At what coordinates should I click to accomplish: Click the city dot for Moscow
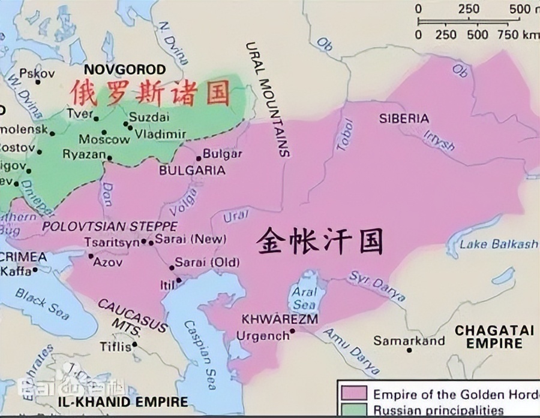click(104, 132)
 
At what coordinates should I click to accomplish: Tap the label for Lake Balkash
click(499, 244)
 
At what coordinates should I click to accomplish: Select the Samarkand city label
click(409, 341)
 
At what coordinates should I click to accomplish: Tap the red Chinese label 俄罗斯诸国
click(150, 93)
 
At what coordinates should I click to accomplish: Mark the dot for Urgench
click(292, 331)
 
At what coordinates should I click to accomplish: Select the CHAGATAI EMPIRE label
click(486, 337)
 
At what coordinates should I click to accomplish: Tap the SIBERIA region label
click(404, 119)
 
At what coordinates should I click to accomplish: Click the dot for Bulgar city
click(199, 159)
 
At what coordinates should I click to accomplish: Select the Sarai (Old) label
click(206, 262)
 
